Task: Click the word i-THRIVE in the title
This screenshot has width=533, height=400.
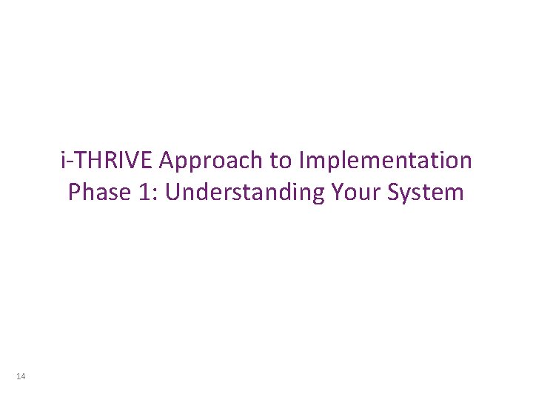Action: (x=107, y=160)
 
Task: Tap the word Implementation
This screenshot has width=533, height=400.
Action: (x=384, y=161)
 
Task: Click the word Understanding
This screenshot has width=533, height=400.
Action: (x=245, y=193)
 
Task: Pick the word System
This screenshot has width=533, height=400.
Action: (x=426, y=193)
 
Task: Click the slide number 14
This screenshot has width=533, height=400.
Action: (x=21, y=378)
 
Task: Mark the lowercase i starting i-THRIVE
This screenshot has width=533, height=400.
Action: (x=64, y=160)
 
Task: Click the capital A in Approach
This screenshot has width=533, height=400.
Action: (x=167, y=160)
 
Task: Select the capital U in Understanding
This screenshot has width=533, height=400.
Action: (x=173, y=193)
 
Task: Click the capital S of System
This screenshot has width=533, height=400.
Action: (x=395, y=193)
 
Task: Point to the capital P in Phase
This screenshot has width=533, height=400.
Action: (x=73, y=193)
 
